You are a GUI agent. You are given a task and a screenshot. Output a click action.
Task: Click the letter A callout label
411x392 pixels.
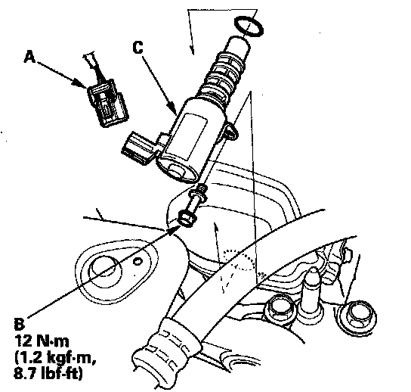pyautogui.click(x=29, y=57)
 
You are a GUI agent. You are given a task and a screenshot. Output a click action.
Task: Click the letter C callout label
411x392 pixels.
pyautogui.click(x=138, y=48)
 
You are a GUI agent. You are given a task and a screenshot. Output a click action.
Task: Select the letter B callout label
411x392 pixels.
pyautogui.click(x=19, y=324)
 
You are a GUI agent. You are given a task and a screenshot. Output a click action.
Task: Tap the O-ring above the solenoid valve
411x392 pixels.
pyautogui.click(x=249, y=26)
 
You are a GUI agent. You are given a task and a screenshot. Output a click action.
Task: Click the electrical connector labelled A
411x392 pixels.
pyautogui.click(x=108, y=103)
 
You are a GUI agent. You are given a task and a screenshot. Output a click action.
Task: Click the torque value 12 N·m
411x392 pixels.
pyautogui.click(x=42, y=341)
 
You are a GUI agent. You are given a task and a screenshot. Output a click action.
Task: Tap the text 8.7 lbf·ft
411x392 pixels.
pyautogui.click(x=48, y=373)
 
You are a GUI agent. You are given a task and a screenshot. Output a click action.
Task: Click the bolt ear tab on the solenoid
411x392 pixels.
pyautogui.click(x=230, y=130)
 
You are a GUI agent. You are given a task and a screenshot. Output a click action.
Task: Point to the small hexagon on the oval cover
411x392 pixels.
pyautogui.click(x=138, y=261)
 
